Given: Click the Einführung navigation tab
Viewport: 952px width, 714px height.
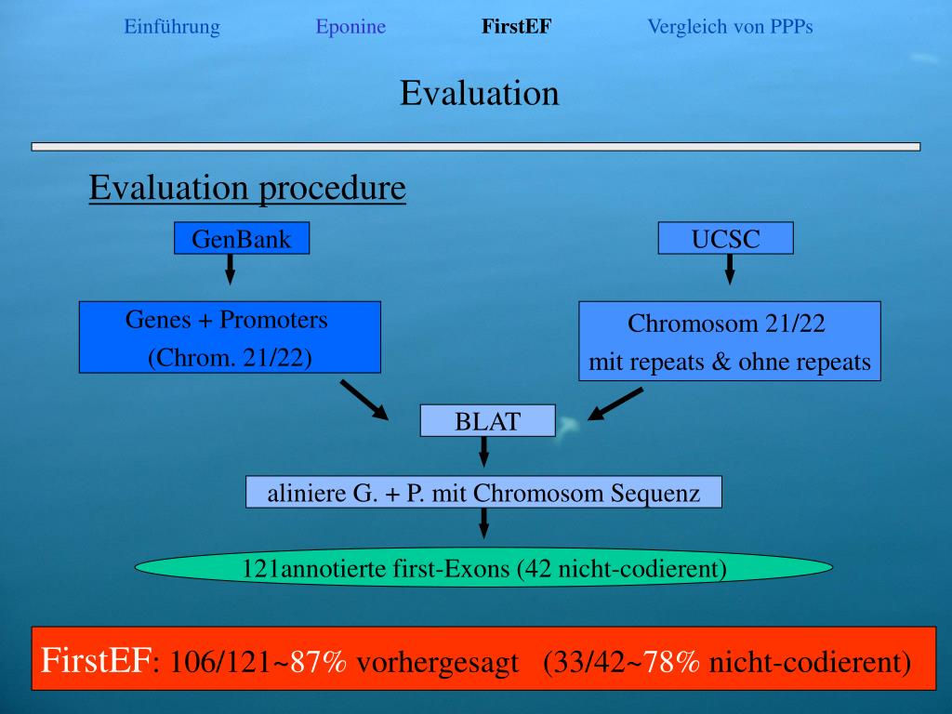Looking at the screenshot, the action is click(x=172, y=27).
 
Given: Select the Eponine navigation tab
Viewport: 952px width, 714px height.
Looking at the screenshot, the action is click(x=350, y=27).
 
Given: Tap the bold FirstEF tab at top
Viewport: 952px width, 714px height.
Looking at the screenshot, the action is click(x=516, y=27).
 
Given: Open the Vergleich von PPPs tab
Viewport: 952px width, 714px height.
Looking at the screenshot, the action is click(x=730, y=27).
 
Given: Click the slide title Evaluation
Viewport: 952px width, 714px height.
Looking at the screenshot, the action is click(x=480, y=93).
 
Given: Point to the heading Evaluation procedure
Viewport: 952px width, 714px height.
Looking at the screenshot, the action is click(x=247, y=189).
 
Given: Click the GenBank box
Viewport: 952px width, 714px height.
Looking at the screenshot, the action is click(x=242, y=239).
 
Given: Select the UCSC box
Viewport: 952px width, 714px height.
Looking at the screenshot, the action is click(x=725, y=239).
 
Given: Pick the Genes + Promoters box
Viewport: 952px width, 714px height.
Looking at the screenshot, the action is click(x=230, y=337).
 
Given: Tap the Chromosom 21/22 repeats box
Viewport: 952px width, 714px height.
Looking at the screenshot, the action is click(x=730, y=341).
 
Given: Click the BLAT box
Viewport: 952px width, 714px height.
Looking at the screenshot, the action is click(x=488, y=421).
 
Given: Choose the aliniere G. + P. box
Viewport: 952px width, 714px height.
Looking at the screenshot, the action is click(x=483, y=492).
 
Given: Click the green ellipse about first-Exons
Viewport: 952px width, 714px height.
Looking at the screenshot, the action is click(x=483, y=567).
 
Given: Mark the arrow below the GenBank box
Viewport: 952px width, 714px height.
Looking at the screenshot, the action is click(x=231, y=270).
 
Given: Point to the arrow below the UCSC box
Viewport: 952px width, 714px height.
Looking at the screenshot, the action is click(x=730, y=270).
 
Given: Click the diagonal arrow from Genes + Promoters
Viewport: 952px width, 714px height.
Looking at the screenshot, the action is click(x=364, y=398).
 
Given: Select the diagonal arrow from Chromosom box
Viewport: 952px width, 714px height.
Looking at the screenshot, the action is click(x=615, y=403).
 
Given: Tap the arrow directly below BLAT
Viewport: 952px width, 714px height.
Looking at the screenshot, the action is click(x=483, y=453).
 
